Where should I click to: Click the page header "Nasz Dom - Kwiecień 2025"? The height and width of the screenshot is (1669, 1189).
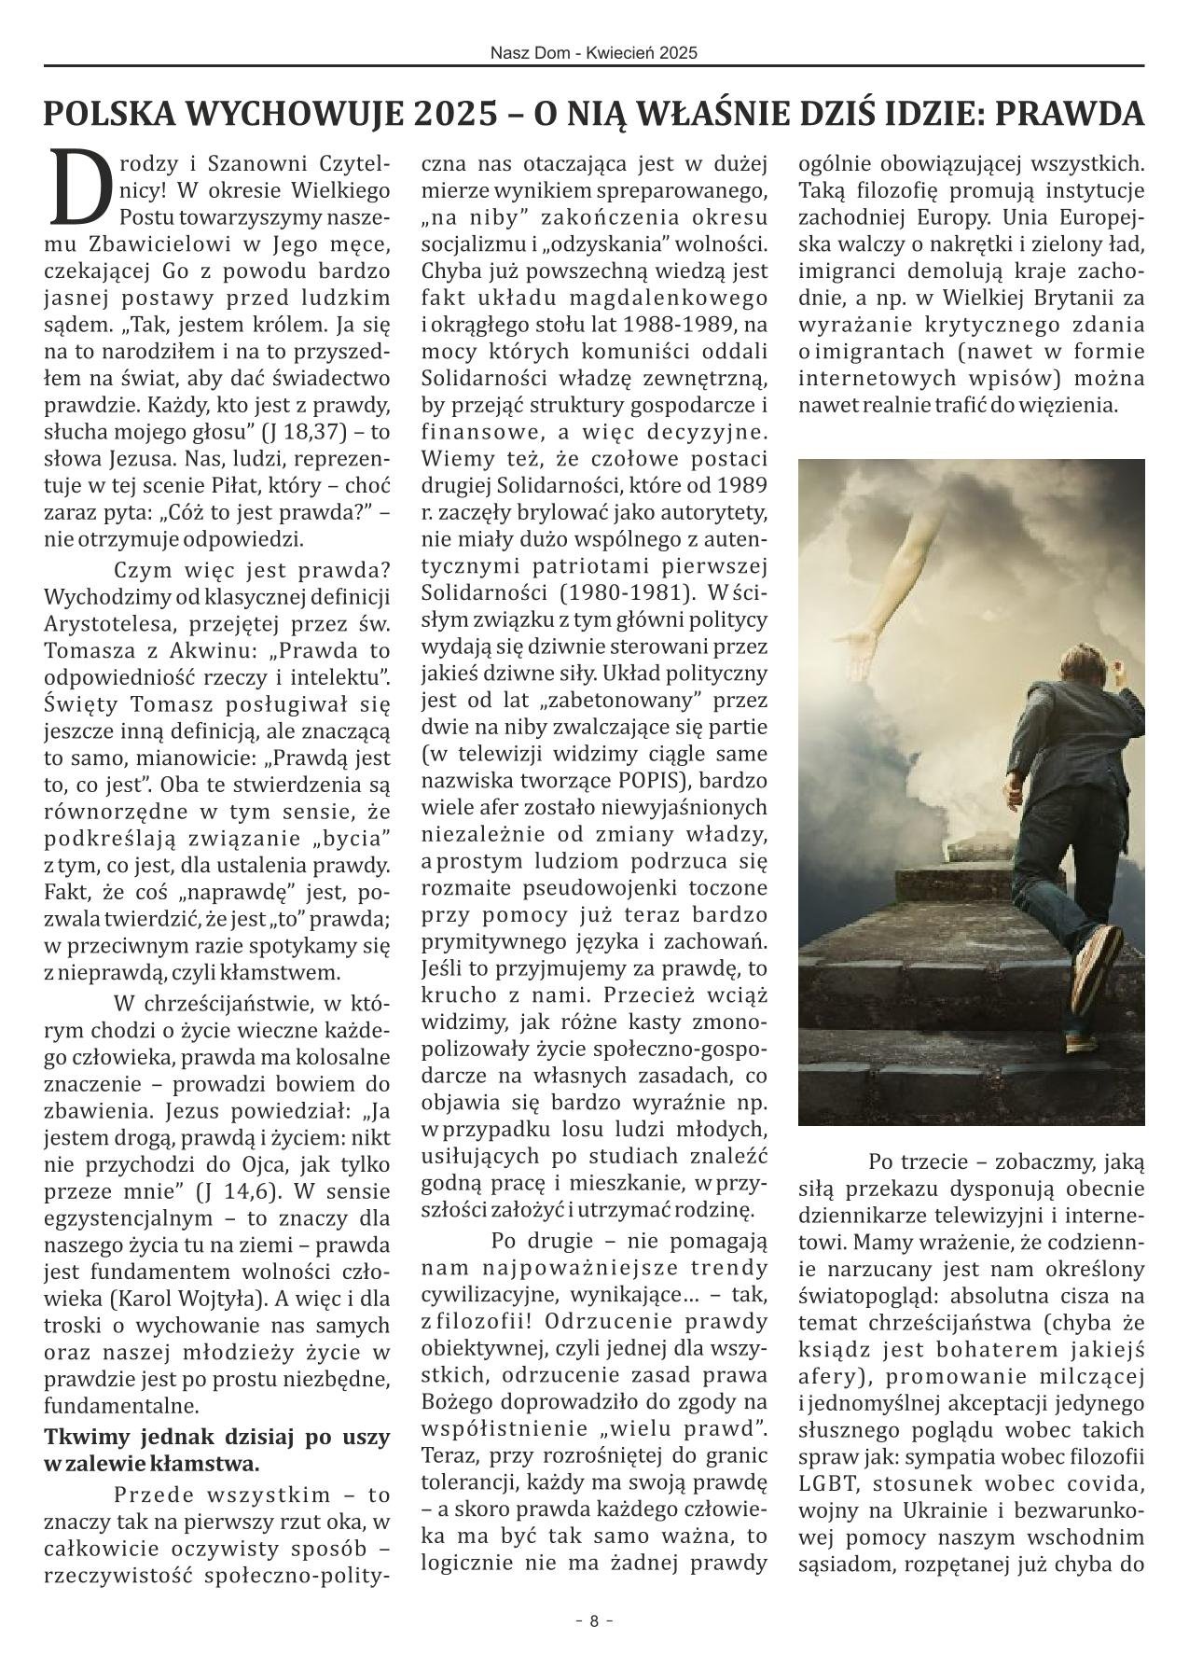click(594, 53)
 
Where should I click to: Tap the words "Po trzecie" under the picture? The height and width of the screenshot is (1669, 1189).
click(911, 1162)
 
